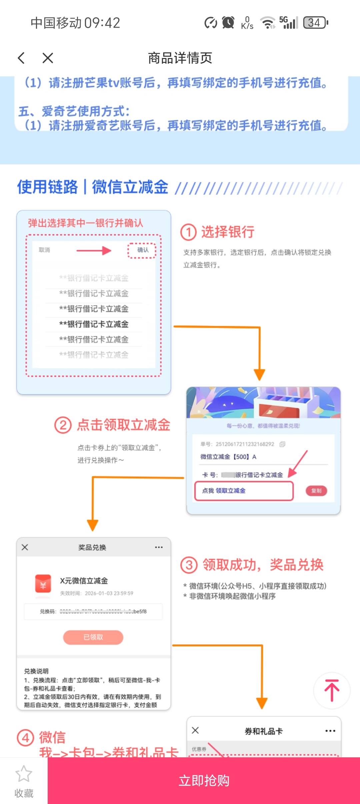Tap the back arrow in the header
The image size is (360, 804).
(21, 58)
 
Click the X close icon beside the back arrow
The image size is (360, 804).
(48, 58)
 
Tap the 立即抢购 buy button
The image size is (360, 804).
(204, 781)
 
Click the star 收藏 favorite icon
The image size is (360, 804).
(24, 774)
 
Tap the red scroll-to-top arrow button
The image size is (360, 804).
(332, 690)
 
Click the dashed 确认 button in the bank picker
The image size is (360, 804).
(142, 250)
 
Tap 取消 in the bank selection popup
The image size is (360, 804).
(44, 250)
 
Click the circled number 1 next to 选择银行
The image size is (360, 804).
(189, 232)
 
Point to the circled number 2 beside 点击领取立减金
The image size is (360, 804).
(63, 425)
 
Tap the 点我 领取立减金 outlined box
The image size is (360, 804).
(244, 491)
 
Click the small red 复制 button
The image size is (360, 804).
(316, 491)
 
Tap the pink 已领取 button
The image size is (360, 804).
(93, 637)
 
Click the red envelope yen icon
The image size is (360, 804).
(43, 583)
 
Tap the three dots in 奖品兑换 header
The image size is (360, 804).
(159, 547)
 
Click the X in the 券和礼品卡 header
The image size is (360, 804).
(195, 730)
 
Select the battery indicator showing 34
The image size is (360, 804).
(315, 23)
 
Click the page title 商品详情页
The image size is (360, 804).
(180, 58)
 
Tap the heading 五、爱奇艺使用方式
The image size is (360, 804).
(74, 111)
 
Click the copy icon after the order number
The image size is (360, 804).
(282, 444)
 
